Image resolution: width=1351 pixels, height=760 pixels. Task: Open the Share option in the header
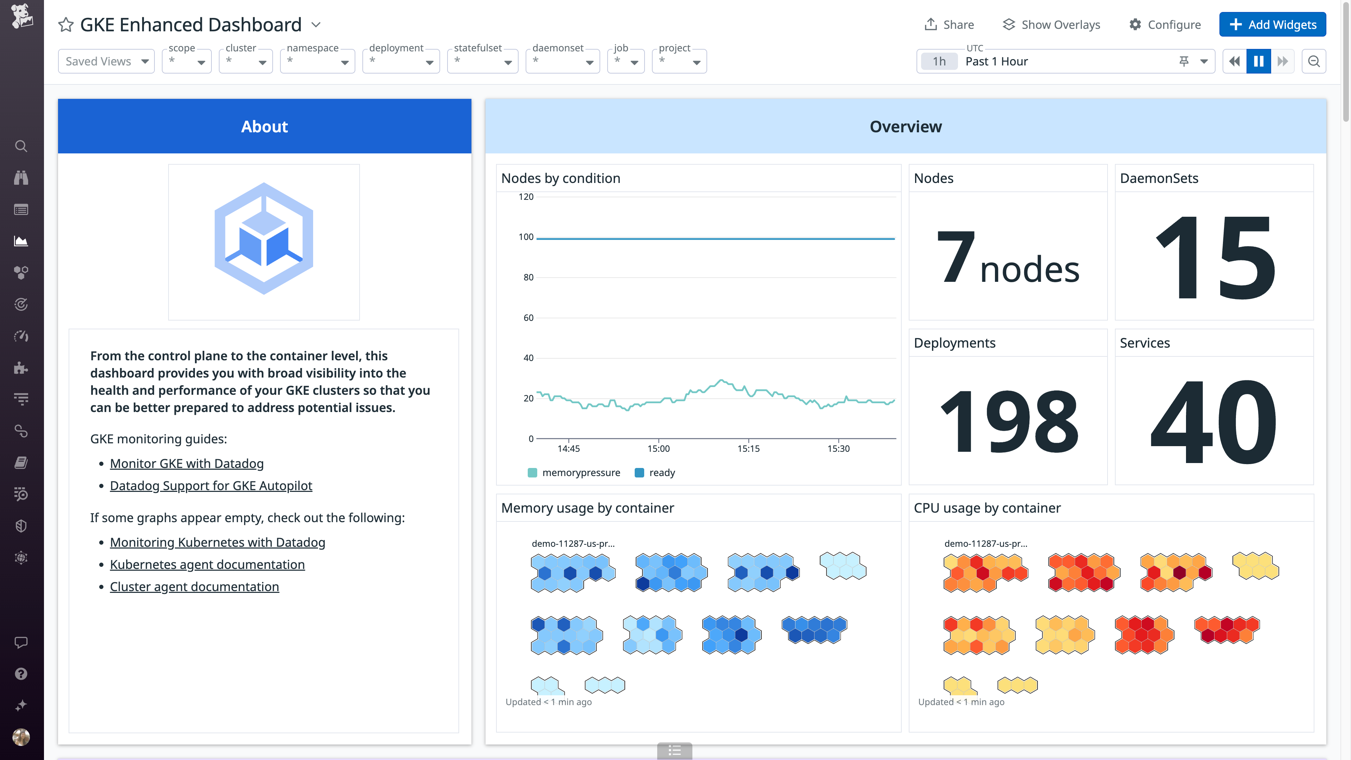[949, 25]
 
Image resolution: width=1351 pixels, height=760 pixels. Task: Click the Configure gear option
[1165, 25]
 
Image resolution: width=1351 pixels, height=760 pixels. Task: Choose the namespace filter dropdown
[317, 61]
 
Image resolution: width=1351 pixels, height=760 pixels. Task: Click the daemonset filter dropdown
[562, 61]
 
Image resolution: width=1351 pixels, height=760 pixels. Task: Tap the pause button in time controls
[1258, 61]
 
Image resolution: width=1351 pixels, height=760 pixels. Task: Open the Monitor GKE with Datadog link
[187, 464]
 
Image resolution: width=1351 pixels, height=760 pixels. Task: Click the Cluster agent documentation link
[194, 587]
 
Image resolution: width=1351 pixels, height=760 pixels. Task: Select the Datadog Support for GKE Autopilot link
[211, 486]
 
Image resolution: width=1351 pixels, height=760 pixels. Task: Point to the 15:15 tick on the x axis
[748, 449]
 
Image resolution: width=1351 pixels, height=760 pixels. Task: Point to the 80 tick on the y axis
[528, 278]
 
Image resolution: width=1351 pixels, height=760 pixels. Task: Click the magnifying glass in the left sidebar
[21, 146]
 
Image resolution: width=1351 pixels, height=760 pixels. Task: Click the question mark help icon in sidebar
[21, 674]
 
